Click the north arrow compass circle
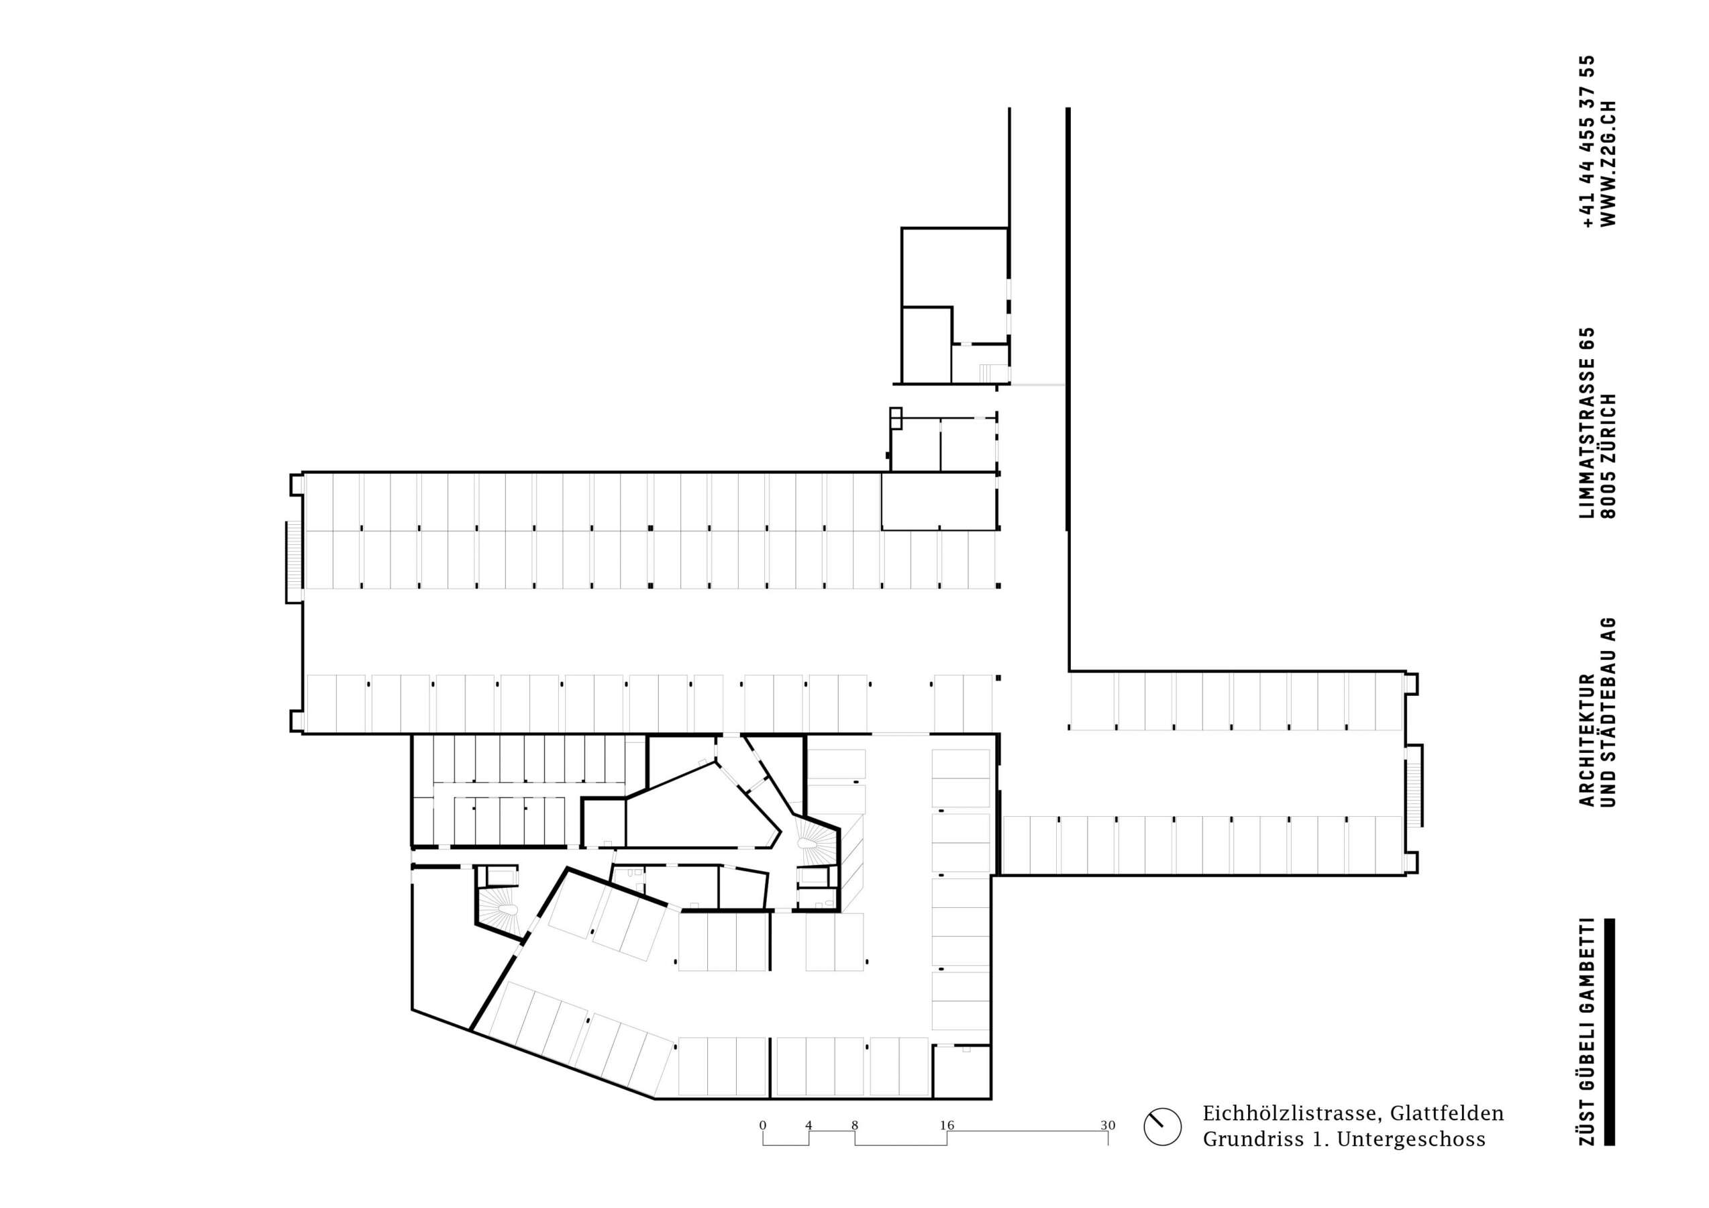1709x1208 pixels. [x=1162, y=1147]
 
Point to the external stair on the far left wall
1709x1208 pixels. [x=293, y=561]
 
